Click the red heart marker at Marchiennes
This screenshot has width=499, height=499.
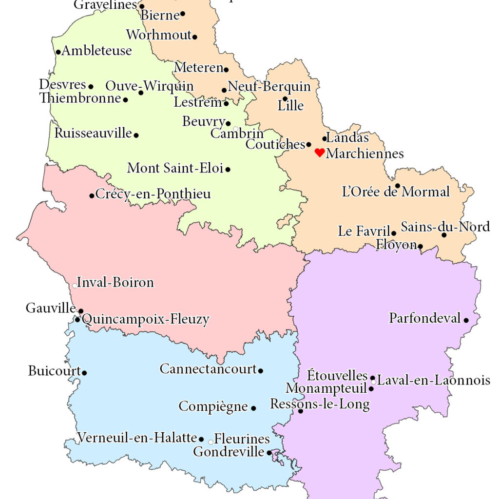click(320, 153)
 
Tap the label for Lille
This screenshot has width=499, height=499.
click(290, 105)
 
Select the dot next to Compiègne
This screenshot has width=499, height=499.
click(253, 408)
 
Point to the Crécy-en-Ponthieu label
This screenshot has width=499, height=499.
click(153, 194)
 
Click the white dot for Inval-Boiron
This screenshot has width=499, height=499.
click(75, 286)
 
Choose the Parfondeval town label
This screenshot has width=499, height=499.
click(424, 318)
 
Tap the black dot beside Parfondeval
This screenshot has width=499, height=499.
click(466, 320)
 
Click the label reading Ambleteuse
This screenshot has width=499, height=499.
click(96, 51)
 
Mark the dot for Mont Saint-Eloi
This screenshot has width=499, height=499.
click(228, 170)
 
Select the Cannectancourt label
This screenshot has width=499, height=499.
click(208, 369)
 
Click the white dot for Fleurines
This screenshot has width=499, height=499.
click(211, 442)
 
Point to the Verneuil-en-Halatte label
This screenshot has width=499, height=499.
click(137, 438)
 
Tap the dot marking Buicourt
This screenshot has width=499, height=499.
click(84, 373)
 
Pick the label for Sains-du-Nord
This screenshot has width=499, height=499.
click(445, 227)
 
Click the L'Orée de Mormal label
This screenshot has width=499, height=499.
click(396, 192)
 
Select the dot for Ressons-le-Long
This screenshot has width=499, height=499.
click(300, 411)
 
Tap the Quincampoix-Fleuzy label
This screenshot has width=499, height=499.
click(146, 320)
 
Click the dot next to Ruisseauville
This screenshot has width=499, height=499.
click(136, 135)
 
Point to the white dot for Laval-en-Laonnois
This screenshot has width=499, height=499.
click(373, 382)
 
